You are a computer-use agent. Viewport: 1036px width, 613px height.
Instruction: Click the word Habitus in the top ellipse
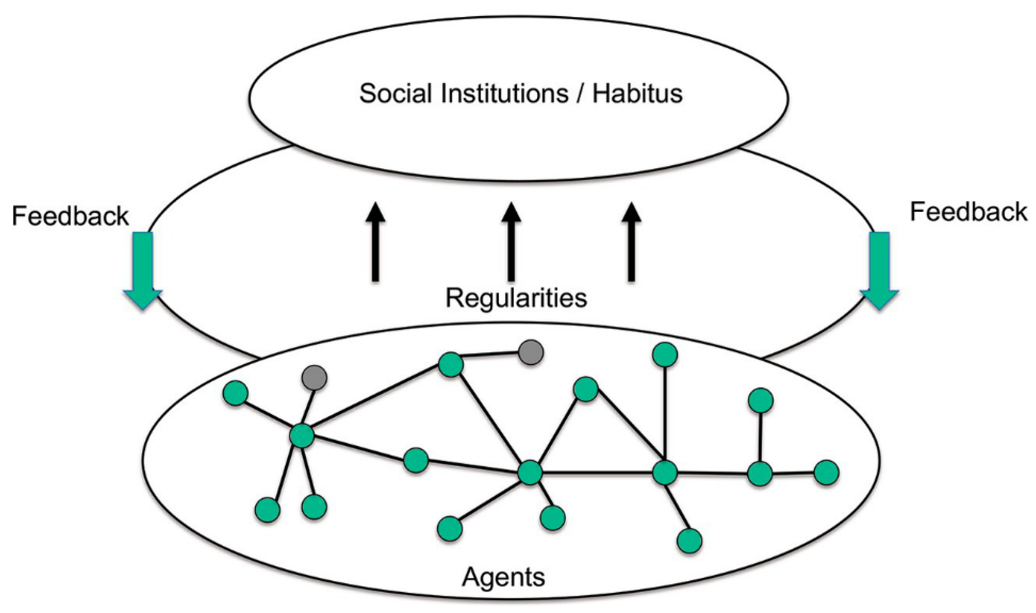point(637,93)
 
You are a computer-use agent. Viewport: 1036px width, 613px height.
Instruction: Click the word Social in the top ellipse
point(396,93)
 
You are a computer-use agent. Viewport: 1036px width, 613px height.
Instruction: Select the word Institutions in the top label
point(505,93)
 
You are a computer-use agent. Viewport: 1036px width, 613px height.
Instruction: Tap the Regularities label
point(516,298)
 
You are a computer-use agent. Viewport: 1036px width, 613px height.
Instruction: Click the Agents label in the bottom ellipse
point(503,577)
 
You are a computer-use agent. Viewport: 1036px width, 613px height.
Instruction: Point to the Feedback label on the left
point(70,216)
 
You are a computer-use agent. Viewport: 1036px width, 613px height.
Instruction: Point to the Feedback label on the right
point(968,212)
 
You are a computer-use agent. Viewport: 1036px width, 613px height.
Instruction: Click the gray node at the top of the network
point(531,352)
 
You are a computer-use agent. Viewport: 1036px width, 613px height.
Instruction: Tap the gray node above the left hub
point(314,378)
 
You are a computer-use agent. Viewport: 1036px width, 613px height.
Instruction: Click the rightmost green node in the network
point(826,473)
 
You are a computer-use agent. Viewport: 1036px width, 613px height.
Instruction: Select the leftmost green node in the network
point(235,393)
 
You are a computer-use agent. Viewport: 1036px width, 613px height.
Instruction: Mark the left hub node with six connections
point(302,435)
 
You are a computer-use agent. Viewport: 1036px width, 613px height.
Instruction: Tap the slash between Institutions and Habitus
point(580,93)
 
